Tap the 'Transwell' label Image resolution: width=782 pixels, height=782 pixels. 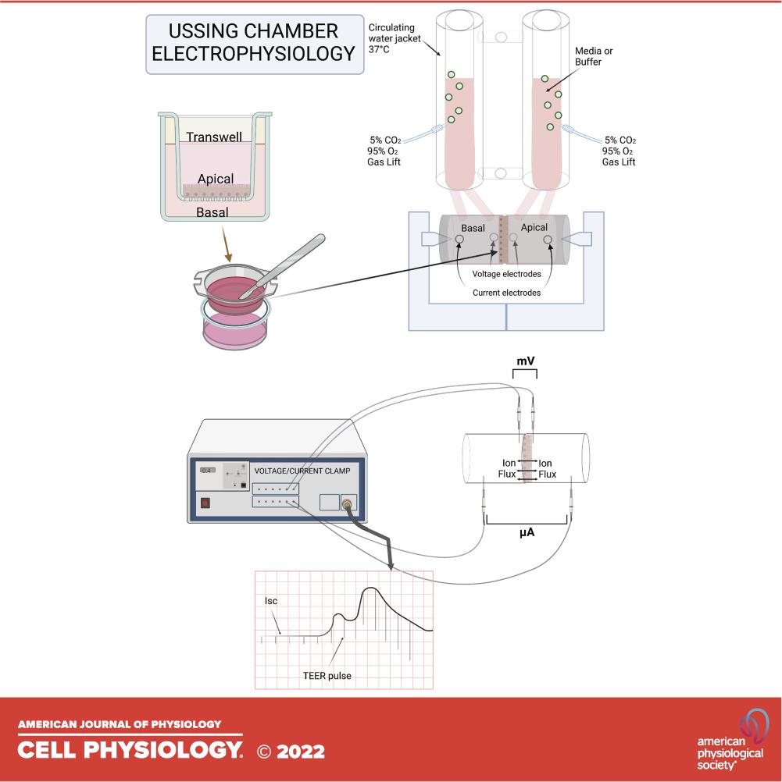pos(214,137)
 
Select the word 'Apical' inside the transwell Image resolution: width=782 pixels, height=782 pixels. pos(216,179)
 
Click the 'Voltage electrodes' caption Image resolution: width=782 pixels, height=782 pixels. pos(507,274)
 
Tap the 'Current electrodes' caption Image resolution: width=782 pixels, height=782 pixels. pos(507,293)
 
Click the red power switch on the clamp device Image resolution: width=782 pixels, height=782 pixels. pos(206,503)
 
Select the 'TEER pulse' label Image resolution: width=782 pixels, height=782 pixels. pos(327,676)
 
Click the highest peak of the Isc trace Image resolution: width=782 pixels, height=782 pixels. pos(370,590)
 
